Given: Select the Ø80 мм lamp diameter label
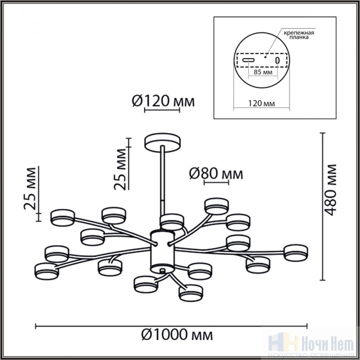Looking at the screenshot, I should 216,173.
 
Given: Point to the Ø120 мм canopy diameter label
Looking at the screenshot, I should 164,102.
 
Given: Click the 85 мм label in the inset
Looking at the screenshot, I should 263,71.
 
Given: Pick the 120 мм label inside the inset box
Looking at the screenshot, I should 261,103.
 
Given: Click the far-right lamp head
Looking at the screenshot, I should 296,252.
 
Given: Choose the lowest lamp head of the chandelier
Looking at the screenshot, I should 191,292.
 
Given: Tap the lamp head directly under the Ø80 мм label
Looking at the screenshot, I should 216,206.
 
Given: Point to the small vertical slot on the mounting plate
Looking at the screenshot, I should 278,60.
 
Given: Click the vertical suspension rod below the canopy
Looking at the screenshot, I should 163,180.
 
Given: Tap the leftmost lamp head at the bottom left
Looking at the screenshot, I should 46,270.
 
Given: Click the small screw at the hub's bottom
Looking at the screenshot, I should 162,271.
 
